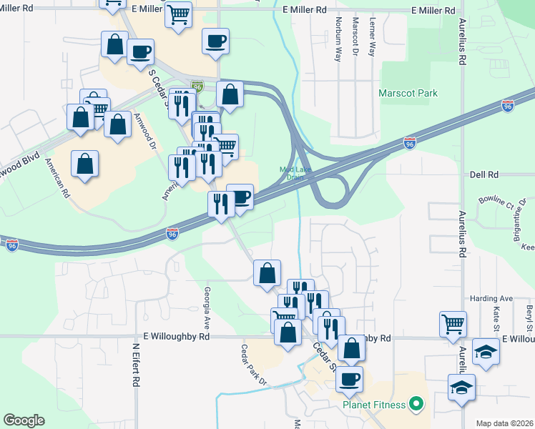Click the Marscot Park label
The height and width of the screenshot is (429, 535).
408,93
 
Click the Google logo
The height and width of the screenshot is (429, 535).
24,420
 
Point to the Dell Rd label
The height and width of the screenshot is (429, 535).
484,174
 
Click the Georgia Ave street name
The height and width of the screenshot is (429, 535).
207,301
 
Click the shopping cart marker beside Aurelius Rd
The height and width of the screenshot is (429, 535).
453,325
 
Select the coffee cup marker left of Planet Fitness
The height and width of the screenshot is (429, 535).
349,379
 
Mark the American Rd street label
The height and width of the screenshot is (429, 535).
58,177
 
